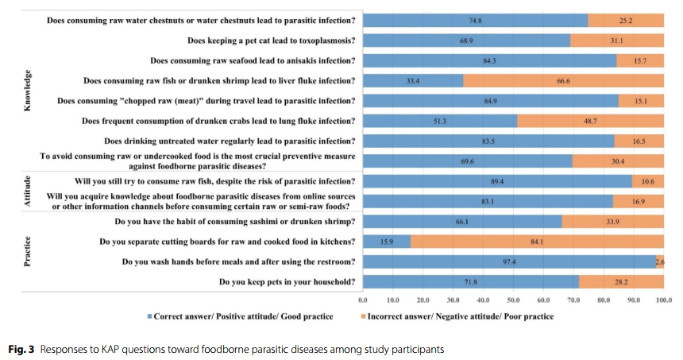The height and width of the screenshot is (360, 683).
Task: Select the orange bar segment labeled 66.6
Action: (x=563, y=80)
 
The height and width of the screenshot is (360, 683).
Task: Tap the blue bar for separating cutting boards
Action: (x=387, y=241)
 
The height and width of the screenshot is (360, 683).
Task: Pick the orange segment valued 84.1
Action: (x=537, y=241)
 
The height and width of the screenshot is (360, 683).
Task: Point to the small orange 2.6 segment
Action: (x=660, y=261)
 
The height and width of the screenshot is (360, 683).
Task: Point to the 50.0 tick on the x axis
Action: (x=513, y=300)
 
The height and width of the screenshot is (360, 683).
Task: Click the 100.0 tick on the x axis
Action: (x=663, y=300)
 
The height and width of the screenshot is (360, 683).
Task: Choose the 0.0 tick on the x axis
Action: (x=363, y=300)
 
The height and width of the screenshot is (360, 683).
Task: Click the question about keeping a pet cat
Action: (x=271, y=40)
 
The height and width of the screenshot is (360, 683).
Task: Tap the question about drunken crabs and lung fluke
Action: (x=218, y=121)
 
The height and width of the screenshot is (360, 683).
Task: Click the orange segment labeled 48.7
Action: (x=590, y=121)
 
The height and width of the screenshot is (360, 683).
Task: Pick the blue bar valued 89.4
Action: (x=497, y=180)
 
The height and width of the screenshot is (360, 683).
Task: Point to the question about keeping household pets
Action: (x=286, y=281)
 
